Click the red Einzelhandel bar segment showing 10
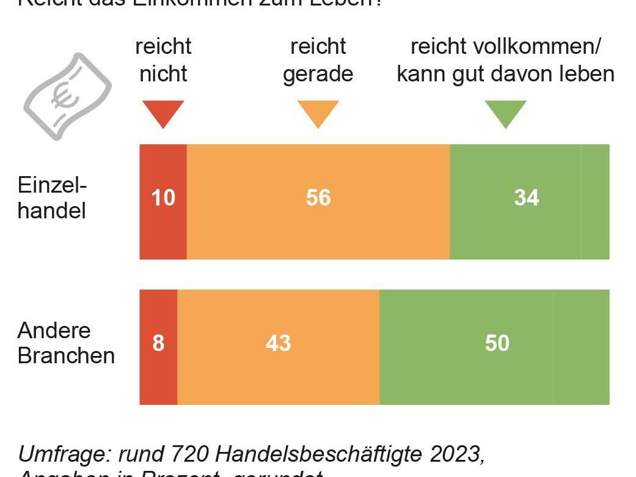(x=163, y=202)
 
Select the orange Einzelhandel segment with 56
(x=318, y=202)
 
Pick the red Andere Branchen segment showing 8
(x=158, y=347)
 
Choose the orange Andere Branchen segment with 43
(x=278, y=347)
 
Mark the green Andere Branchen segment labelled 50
(x=494, y=347)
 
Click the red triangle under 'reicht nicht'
(x=163, y=113)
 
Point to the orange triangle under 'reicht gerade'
(x=318, y=113)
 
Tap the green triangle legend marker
(x=505, y=113)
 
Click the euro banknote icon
(x=67, y=96)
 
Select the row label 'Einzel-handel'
(x=52, y=198)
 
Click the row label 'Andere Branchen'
(x=66, y=343)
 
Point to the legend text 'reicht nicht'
(x=163, y=60)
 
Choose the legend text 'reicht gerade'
(x=318, y=60)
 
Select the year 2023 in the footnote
(x=456, y=454)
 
